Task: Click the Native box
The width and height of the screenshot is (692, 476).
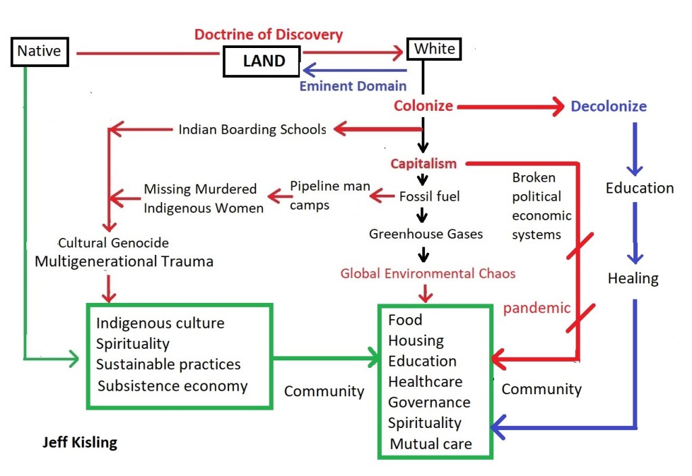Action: point(39,51)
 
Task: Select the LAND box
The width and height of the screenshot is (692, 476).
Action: point(264,62)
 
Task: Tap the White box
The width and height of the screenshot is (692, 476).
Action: point(434,49)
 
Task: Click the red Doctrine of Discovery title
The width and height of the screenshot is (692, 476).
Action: point(268,34)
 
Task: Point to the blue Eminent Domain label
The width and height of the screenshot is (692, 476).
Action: point(353,86)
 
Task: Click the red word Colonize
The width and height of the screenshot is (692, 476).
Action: point(423,106)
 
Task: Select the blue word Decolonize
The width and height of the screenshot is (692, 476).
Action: point(608,106)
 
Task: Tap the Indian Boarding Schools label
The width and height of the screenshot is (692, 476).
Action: point(252,129)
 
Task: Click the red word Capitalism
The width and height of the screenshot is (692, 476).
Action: point(423,164)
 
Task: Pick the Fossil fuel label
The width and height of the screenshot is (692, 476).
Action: point(429,196)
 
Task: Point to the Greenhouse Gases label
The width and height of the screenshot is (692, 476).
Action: point(426,234)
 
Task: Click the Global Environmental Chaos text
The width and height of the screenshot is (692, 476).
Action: point(428,273)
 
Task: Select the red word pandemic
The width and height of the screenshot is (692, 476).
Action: point(537,308)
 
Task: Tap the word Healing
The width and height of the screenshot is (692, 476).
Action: point(633,278)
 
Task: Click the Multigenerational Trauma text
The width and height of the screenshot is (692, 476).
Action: point(124,261)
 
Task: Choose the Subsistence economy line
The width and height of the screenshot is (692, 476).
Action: point(172,386)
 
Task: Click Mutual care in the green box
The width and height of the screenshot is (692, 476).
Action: point(430,444)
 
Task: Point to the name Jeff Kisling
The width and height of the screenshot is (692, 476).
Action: point(80,443)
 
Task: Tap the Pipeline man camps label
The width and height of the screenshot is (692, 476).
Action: point(330,195)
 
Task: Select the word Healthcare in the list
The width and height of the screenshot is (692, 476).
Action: point(425,382)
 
